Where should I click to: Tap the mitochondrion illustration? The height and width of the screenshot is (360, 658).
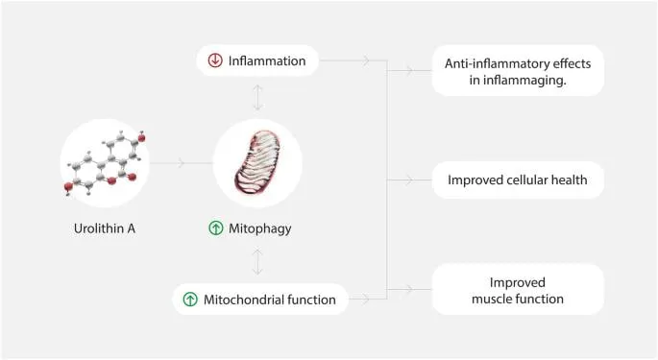tap(257, 162)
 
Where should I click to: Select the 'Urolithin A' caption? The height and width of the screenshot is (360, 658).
tap(105, 228)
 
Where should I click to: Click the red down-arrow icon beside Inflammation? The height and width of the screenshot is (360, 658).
tap(215, 60)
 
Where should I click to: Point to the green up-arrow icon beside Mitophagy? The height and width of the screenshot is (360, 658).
tap(216, 228)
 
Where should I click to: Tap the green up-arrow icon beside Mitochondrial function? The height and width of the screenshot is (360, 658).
tap(190, 300)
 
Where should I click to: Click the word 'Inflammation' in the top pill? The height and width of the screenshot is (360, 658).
tap(267, 60)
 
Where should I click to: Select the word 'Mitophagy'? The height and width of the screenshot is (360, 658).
tap(259, 228)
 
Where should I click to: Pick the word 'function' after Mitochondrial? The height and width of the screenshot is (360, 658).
tap(312, 300)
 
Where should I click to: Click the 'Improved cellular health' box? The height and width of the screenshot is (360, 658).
tap(518, 180)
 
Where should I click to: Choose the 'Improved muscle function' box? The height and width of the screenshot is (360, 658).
tap(518, 290)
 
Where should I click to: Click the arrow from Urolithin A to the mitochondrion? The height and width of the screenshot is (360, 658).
tap(182, 163)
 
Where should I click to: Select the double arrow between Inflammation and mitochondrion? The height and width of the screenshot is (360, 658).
tap(257, 97)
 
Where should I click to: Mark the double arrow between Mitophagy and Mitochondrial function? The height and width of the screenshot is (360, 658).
tap(257, 261)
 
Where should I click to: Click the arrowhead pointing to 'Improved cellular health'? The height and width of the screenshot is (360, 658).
tap(409, 180)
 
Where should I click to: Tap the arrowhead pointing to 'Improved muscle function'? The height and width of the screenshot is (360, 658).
tap(409, 289)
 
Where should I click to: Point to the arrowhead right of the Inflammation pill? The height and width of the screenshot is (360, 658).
tap(366, 60)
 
